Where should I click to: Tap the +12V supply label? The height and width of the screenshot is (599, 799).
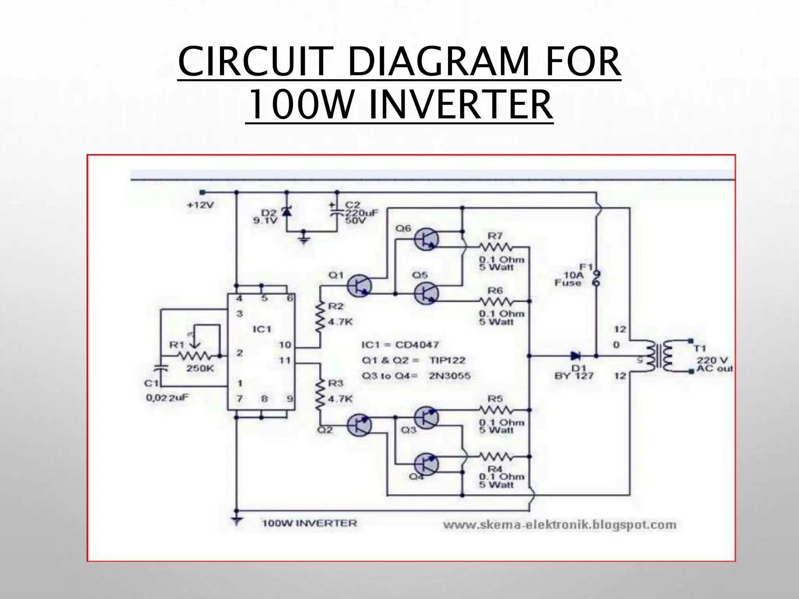[x=201, y=205]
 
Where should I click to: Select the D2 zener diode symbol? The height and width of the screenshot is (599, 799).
[x=287, y=212]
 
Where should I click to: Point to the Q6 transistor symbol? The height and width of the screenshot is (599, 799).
[x=426, y=239]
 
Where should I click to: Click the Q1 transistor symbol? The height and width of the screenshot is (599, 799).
[x=359, y=286]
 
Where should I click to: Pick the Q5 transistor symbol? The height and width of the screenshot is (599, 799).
[x=426, y=294]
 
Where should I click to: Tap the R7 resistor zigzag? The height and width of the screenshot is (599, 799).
[x=495, y=247]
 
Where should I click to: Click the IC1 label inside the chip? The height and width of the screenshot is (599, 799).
[x=262, y=330]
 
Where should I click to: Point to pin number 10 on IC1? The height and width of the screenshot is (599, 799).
[x=285, y=345]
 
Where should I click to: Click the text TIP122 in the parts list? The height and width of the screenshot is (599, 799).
[x=447, y=360]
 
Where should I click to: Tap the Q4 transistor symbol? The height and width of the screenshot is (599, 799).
[x=426, y=464]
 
